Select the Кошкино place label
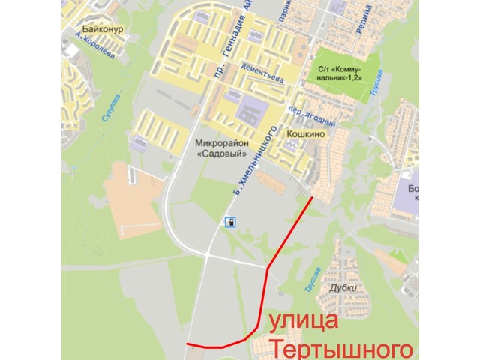pyautogui.click(x=325, y=134)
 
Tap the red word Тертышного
pyautogui.click(x=341, y=349)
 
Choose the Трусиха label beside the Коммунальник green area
pyautogui.click(x=376, y=84)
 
